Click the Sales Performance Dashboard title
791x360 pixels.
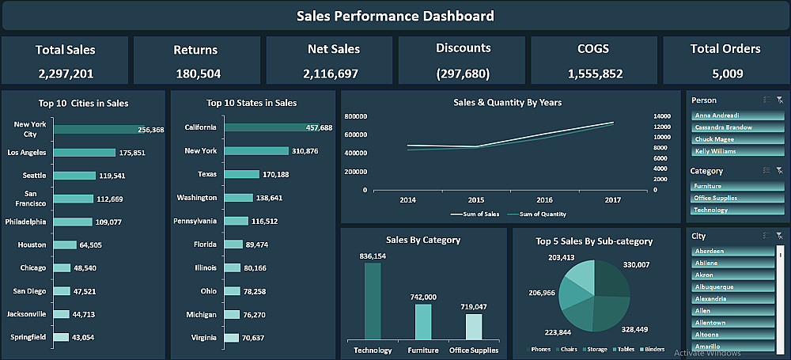[x=395, y=16]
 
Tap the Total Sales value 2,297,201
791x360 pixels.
[x=65, y=74]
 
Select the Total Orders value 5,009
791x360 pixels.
[x=725, y=74]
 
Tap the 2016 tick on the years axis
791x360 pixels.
[x=545, y=201]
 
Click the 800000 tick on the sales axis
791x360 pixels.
[x=356, y=116]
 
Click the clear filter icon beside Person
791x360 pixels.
[x=780, y=100]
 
